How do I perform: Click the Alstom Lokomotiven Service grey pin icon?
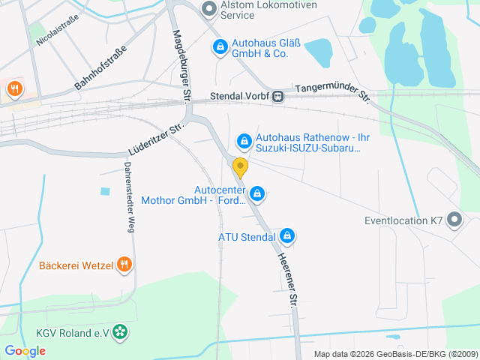click(209, 8)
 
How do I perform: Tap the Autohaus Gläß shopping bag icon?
click(220, 47)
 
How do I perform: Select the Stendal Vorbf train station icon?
click(278, 95)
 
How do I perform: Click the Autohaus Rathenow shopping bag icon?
click(244, 140)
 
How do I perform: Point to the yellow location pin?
click(240, 167)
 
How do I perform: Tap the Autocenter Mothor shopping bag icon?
click(257, 194)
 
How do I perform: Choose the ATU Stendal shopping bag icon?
click(286, 237)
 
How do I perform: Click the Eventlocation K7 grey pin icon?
click(454, 220)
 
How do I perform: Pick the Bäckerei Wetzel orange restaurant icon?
click(124, 265)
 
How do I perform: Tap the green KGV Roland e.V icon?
click(119, 332)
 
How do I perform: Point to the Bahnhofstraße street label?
click(101, 68)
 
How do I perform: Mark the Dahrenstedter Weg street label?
click(128, 197)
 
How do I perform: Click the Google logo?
click(25, 350)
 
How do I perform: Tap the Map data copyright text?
click(396, 354)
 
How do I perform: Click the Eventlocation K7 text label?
click(403, 221)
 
